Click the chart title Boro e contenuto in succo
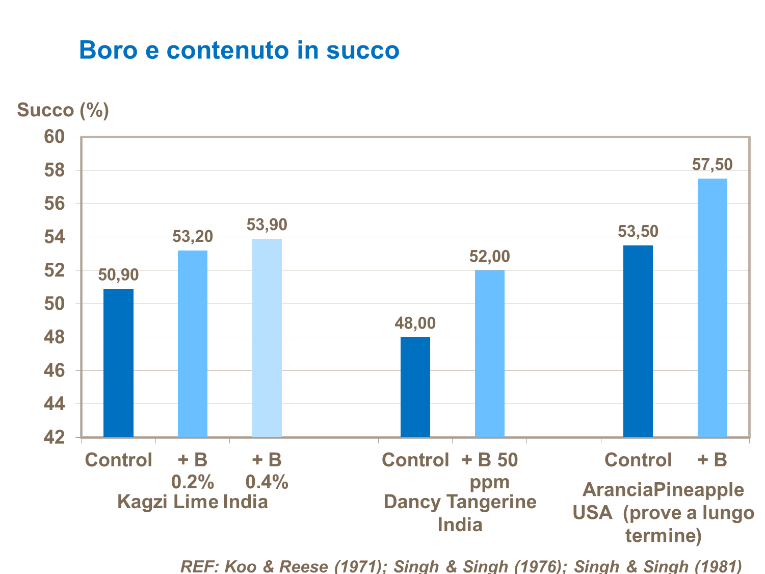tap(239, 51)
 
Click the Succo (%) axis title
tap(63, 110)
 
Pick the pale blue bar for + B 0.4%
tap(267, 338)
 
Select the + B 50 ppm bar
tap(489, 353)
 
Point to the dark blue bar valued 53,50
tap(638, 341)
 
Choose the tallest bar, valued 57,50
tap(712, 308)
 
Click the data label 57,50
tap(712, 165)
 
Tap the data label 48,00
tap(415, 323)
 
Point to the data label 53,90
tap(267, 225)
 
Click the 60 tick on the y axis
tap(55, 137)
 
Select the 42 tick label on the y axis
tap(55, 437)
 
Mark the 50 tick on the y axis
tap(55, 304)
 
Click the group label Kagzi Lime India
tap(192, 502)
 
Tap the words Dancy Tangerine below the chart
tap(460, 502)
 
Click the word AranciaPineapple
tap(663, 490)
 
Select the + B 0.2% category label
tap(193, 470)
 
